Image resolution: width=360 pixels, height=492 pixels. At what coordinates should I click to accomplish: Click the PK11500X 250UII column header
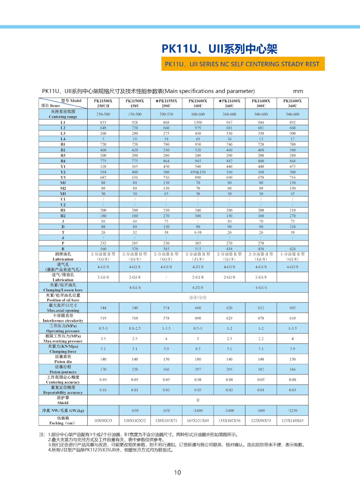click(103, 103)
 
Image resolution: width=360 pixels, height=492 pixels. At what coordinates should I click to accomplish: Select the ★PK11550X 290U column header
click(166, 103)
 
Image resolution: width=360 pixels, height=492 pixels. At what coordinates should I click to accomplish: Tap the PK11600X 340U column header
click(292, 103)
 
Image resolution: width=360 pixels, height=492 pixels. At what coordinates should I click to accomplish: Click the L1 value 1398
click(198, 122)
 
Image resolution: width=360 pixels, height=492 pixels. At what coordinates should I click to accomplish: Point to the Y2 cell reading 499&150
click(198, 172)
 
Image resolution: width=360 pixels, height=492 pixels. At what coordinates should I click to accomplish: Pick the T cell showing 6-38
click(198, 232)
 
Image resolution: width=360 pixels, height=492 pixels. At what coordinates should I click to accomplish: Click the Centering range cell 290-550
click(166, 114)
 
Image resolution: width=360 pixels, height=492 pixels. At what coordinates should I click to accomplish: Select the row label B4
click(63, 161)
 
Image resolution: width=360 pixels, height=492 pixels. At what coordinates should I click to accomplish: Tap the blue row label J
click(63, 221)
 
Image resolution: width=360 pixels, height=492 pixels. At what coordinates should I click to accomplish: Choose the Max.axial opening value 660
click(198, 308)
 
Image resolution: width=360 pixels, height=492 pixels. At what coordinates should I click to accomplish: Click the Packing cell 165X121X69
click(198, 421)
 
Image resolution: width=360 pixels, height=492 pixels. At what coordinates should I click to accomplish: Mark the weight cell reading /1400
click(229, 410)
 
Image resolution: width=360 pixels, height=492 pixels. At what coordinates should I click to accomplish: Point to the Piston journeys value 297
click(198, 370)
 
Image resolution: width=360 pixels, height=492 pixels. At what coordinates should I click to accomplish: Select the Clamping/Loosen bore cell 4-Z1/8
click(198, 288)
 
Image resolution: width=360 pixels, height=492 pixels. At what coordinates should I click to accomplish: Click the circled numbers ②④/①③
click(198, 298)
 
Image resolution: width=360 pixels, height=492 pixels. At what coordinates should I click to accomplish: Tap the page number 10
click(178, 472)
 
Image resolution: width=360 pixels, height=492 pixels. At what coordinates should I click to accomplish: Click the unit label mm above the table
click(298, 91)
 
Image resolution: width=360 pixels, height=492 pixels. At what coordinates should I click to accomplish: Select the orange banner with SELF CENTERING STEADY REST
click(243, 64)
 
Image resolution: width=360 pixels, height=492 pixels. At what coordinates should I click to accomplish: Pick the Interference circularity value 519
click(103, 318)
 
